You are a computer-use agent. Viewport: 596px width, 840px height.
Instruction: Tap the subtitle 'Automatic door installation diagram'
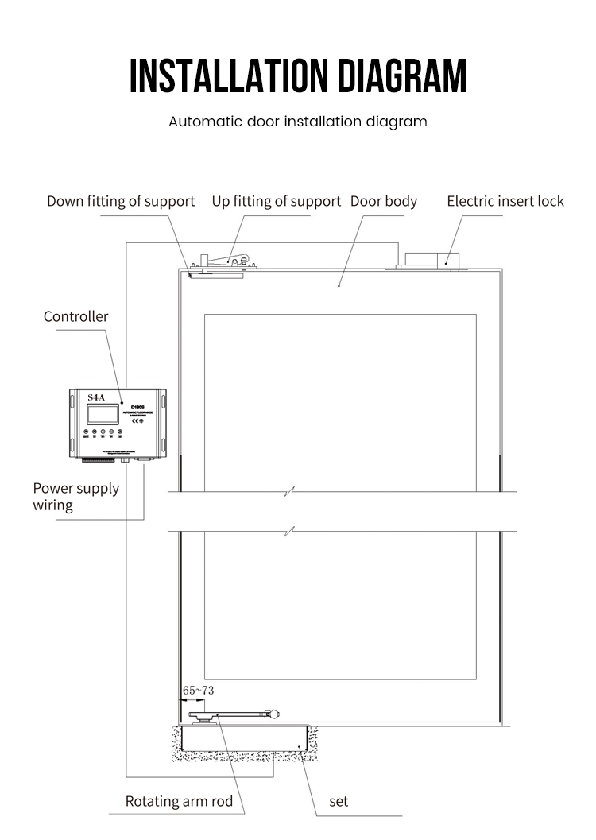click(298, 122)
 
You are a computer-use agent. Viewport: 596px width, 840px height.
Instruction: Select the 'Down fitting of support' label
click(121, 201)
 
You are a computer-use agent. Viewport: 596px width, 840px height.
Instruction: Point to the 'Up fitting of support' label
click(276, 201)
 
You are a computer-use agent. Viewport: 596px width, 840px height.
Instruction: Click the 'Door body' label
click(384, 201)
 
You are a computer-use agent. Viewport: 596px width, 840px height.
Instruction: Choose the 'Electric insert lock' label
click(505, 201)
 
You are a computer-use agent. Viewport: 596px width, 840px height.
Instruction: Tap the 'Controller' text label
click(75, 316)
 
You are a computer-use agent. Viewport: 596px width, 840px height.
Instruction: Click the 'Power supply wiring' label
click(75, 497)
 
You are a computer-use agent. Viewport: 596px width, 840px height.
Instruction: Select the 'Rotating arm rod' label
click(179, 801)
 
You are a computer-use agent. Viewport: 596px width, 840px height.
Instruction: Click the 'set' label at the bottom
click(339, 801)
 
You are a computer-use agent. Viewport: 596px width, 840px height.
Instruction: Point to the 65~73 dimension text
click(198, 691)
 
